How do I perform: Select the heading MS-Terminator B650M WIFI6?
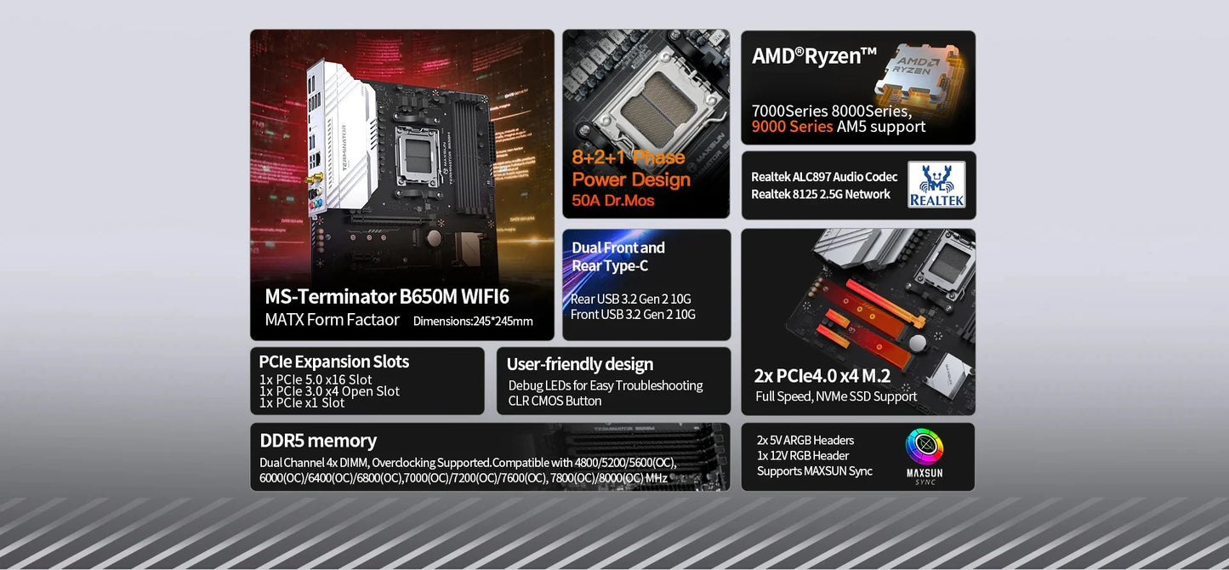[386, 296]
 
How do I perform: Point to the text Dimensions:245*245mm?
[473, 321]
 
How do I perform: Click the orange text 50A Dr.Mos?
[612, 201]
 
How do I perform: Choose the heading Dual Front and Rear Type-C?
[618, 256]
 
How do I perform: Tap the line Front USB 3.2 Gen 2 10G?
[633, 314]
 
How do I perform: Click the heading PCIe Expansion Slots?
[333, 362]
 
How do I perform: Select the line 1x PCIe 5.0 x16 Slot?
[316, 379]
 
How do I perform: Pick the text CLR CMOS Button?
[555, 401]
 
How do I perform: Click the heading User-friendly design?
[580, 364]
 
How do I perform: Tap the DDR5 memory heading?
[318, 441]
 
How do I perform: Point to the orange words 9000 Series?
[792, 127]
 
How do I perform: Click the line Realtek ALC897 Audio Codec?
[824, 177]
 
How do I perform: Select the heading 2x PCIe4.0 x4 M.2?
[822, 376]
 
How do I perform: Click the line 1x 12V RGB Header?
[803, 455]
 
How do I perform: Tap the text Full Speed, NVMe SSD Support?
[836, 396]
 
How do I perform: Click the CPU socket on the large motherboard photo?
[418, 157]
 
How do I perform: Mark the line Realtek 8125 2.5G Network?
[821, 194]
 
